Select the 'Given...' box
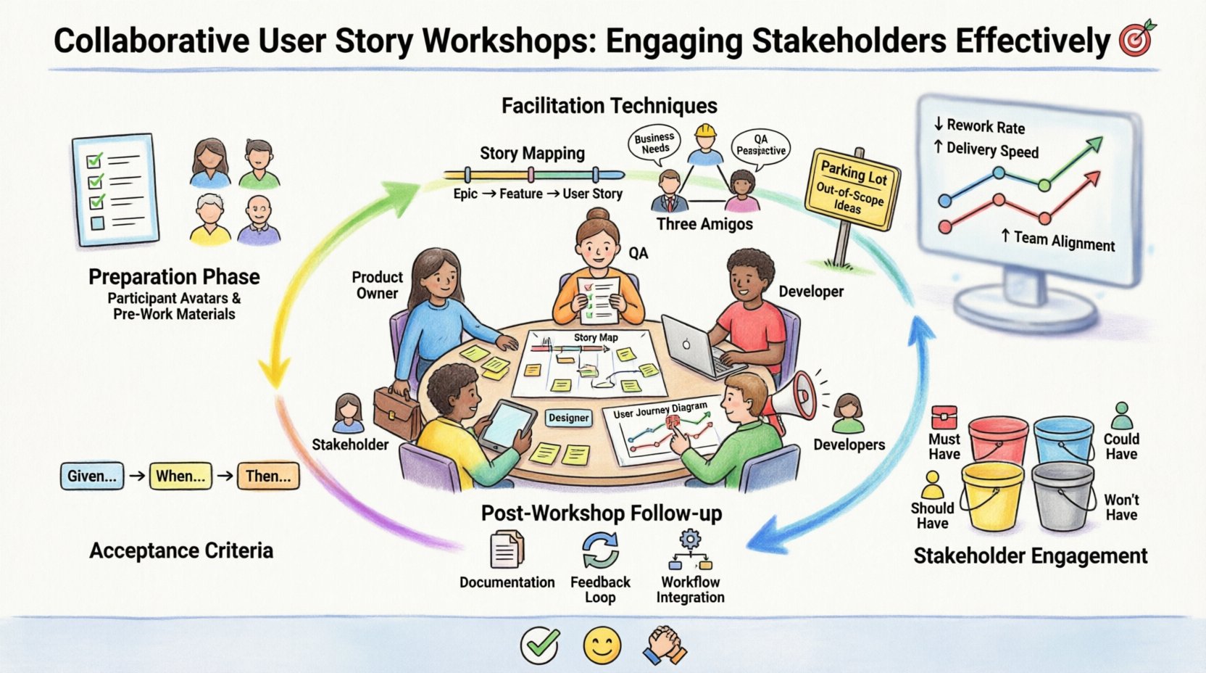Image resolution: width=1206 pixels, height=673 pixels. click(91, 476)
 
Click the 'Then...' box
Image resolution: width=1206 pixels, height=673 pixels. click(268, 476)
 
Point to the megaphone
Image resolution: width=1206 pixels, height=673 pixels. click(792, 397)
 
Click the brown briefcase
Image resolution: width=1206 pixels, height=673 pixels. click(396, 413)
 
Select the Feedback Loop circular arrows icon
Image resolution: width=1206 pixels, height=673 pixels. click(600, 550)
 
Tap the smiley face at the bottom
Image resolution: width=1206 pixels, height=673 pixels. click(602, 645)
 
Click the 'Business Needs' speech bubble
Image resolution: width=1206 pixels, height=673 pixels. click(654, 143)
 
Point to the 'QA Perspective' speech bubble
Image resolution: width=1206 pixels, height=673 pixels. click(760, 145)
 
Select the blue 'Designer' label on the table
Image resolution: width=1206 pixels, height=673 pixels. click(569, 418)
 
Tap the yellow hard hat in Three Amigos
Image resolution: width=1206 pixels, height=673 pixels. click(704, 131)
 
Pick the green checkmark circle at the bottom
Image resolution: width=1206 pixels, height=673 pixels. click(540, 645)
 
